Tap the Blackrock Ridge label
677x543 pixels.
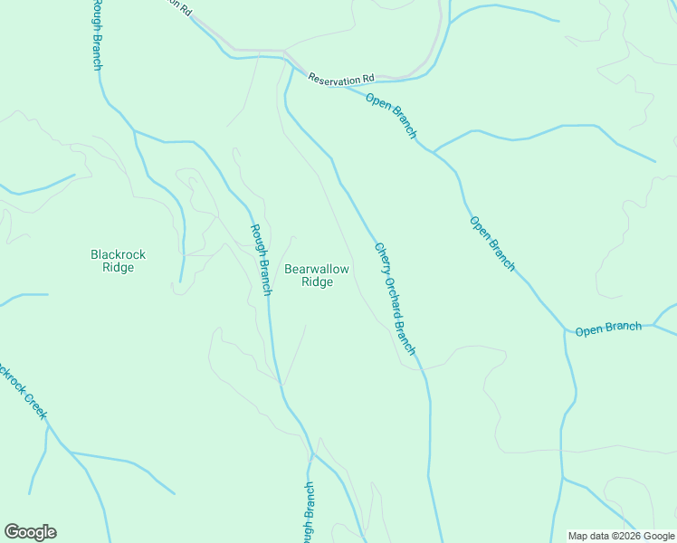119,261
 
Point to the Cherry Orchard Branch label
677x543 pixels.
396,298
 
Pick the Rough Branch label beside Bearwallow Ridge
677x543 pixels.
261,259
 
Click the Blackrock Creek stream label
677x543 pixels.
20,390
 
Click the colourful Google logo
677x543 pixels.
30,532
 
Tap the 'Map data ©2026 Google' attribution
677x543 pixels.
620,536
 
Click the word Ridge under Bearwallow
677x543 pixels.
317,282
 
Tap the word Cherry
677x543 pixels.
382,257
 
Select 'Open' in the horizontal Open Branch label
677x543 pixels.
589,331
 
